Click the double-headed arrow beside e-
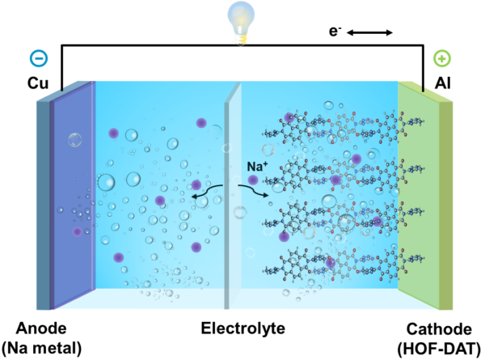(x=377, y=34)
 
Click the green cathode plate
(x=424, y=186)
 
